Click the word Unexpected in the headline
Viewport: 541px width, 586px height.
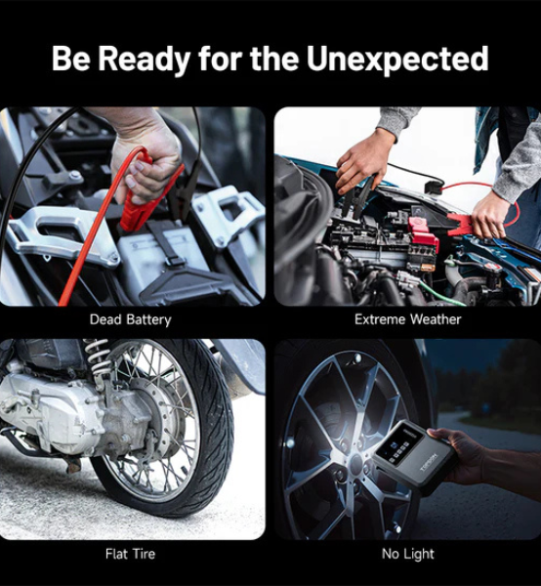pos(397,59)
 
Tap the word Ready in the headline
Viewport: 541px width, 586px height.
pos(144,60)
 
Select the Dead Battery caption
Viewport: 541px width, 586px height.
pos(131,320)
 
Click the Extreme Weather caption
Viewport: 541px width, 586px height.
pos(407,319)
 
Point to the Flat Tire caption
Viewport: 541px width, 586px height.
pos(130,554)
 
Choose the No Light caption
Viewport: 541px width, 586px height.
pos(408,554)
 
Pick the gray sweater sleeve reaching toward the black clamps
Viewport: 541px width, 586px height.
pos(396,119)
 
